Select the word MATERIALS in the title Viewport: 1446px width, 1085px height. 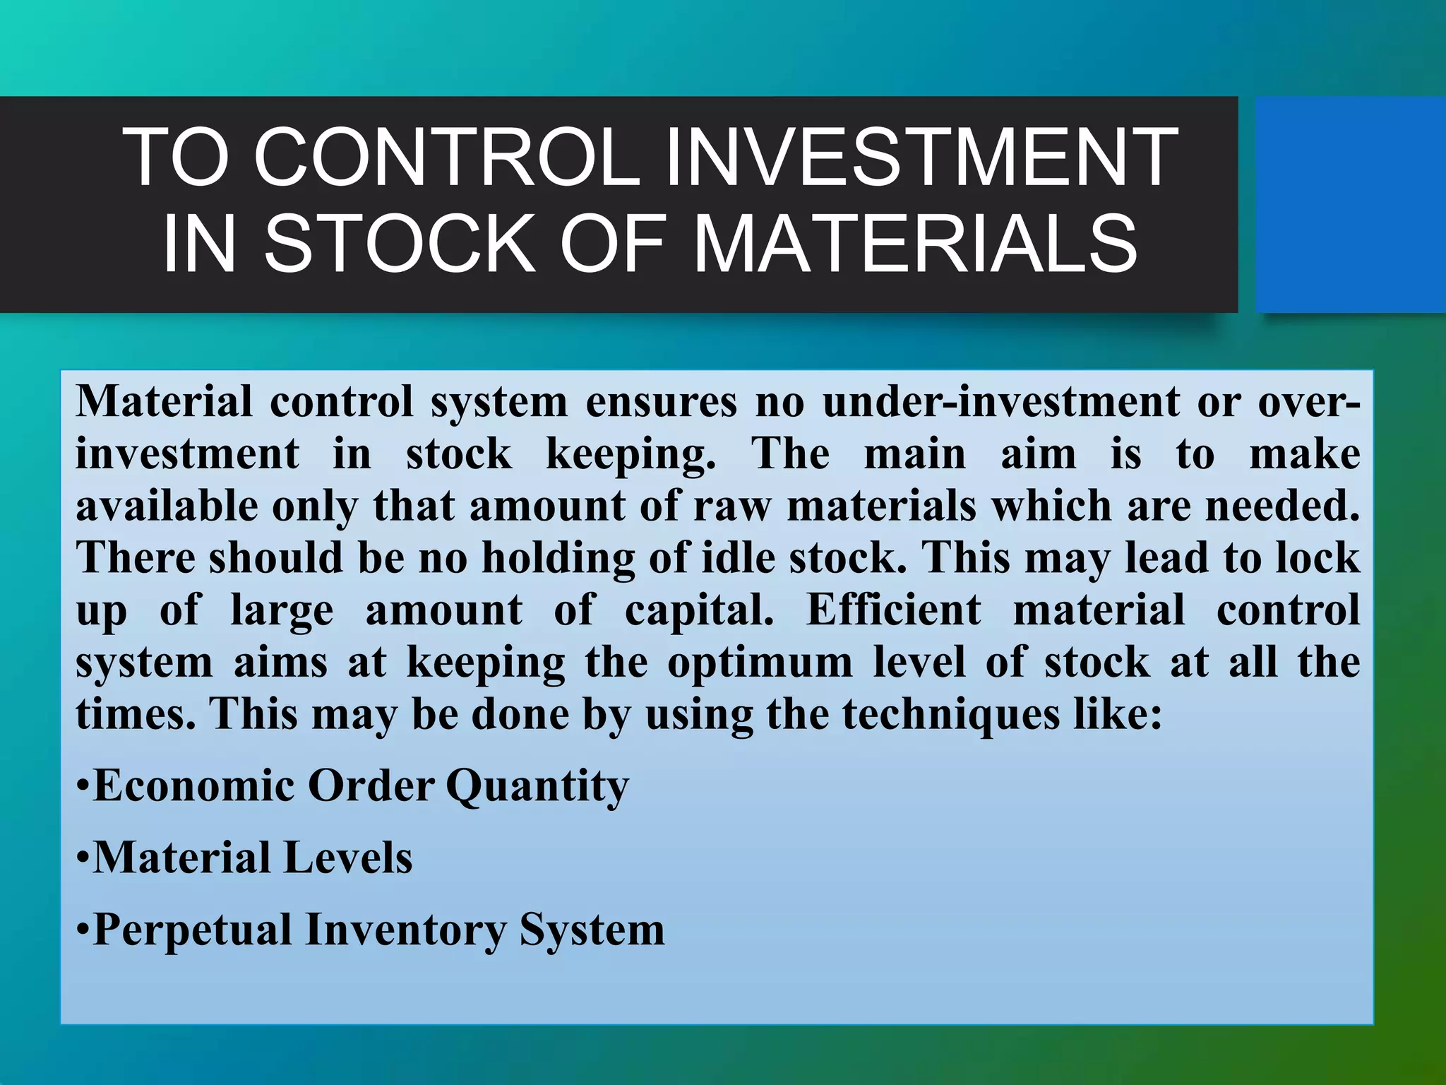[x=915, y=243]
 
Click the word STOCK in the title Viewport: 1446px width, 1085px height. [x=400, y=243]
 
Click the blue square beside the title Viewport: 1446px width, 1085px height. [x=1349, y=205]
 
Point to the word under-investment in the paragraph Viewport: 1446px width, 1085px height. [x=1000, y=401]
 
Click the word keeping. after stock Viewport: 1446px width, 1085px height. [x=631, y=453]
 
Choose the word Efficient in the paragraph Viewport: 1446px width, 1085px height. [x=893, y=610]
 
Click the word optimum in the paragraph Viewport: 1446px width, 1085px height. [x=759, y=663]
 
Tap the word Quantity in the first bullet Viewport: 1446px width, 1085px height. [x=537, y=785]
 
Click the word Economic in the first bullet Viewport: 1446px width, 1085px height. [x=194, y=785]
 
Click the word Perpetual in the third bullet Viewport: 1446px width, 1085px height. [x=192, y=930]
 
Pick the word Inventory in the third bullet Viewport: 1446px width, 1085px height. [x=405, y=930]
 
